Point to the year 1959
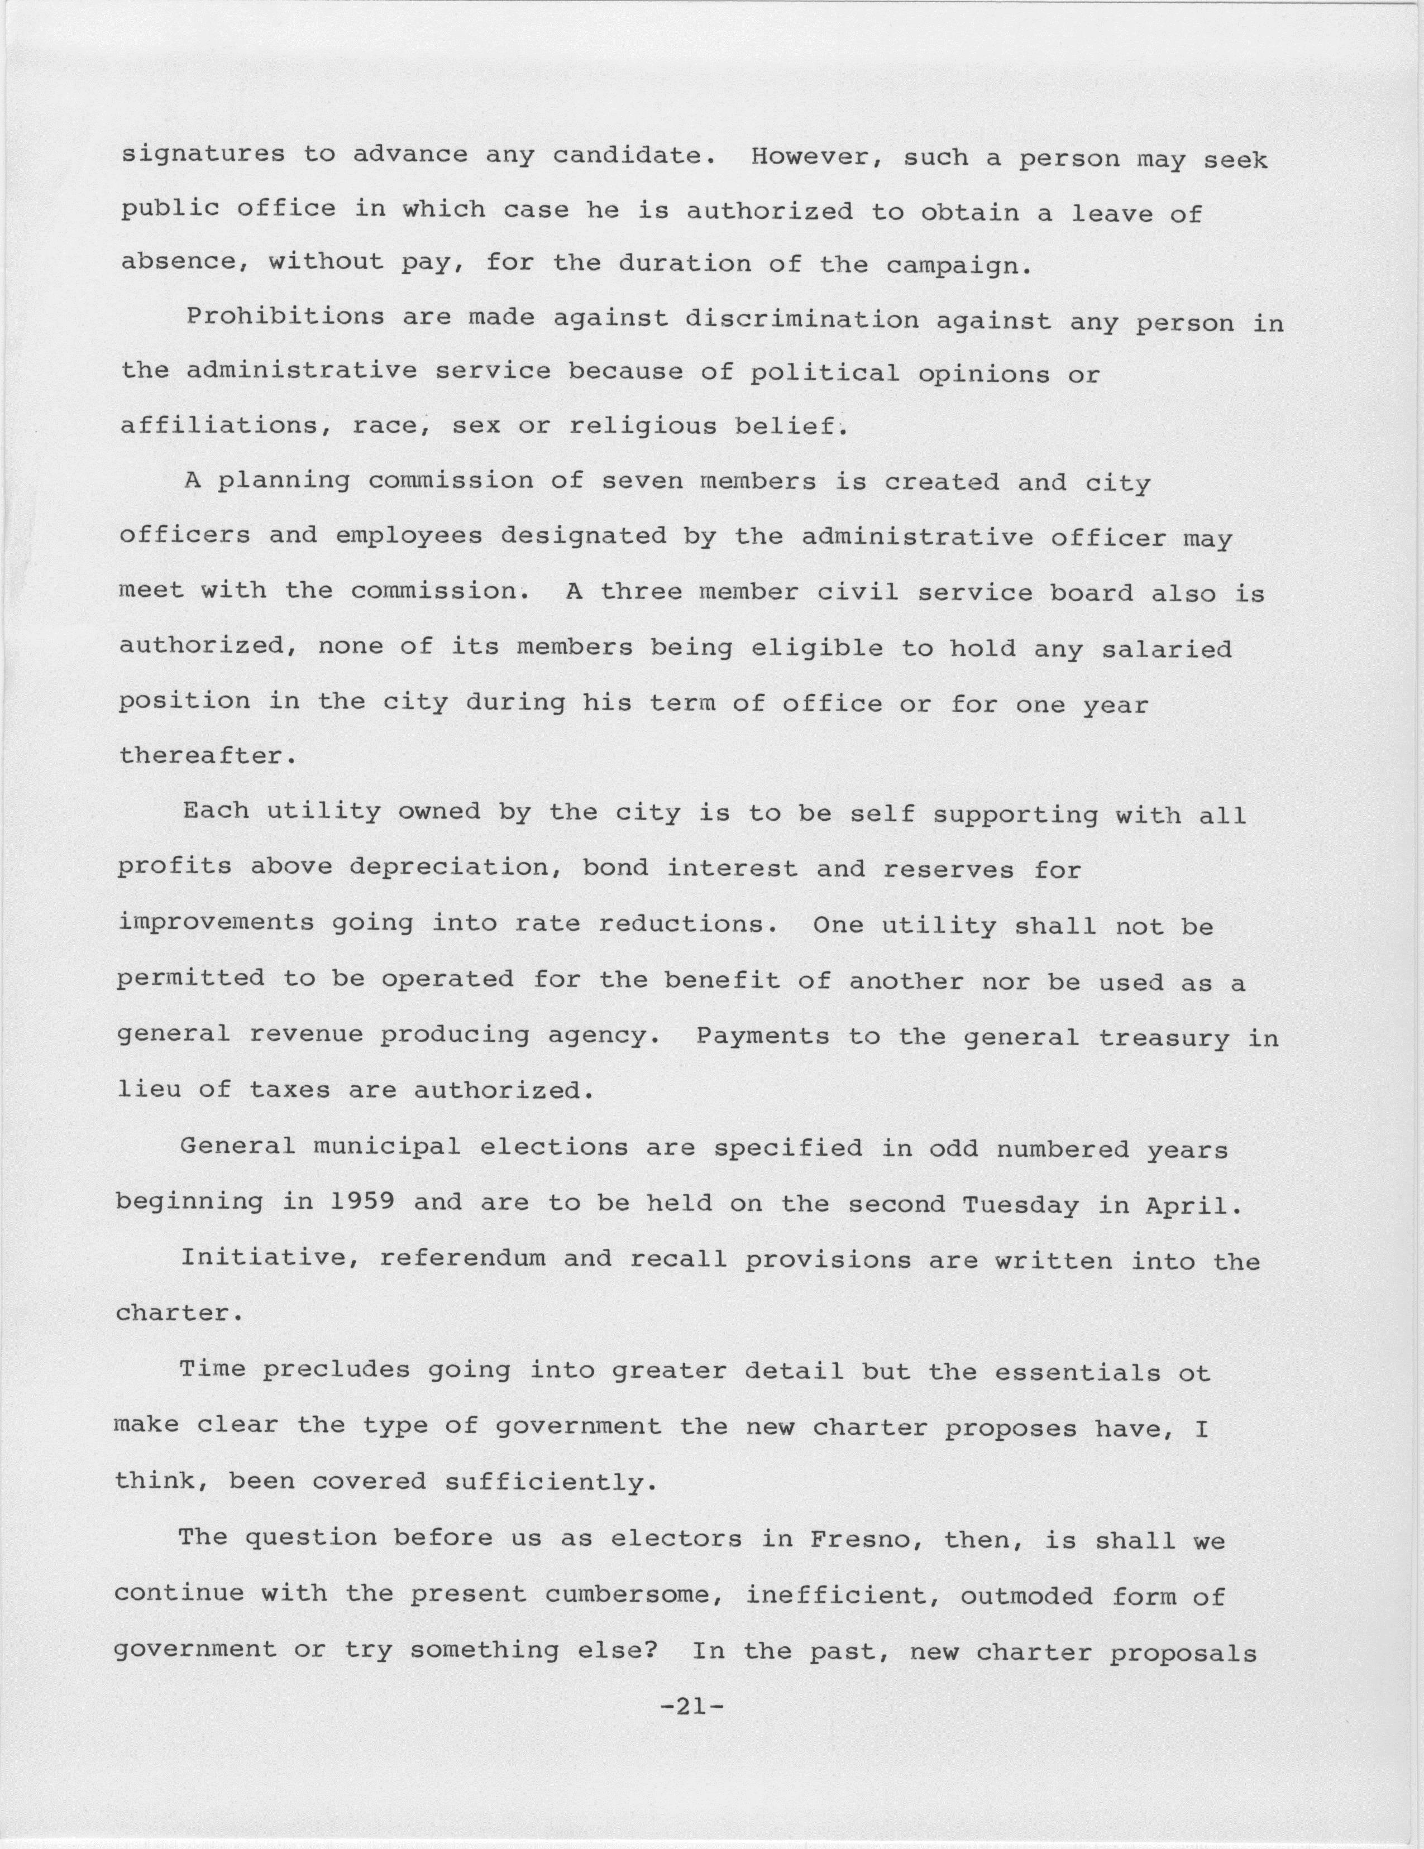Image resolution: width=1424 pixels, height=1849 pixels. pyautogui.click(x=360, y=1202)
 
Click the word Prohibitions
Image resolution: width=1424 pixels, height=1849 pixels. pyautogui.click(x=284, y=318)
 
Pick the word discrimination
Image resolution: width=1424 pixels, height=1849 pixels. pyautogui.click(x=801, y=319)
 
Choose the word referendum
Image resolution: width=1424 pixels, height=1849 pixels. pyautogui.click(x=462, y=1259)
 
